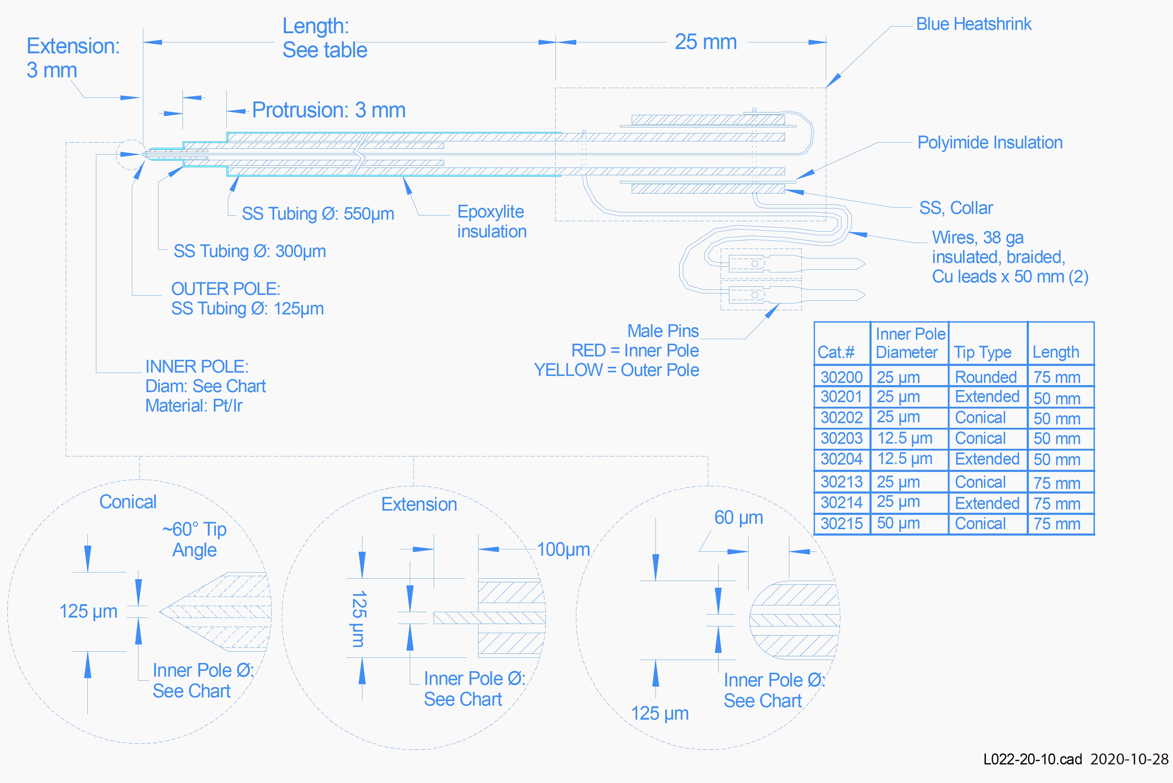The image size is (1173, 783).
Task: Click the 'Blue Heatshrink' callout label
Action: tap(973, 24)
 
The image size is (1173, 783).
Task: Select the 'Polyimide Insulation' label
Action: tap(990, 143)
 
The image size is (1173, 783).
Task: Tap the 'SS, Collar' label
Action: tap(956, 208)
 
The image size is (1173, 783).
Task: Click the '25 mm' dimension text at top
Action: tap(706, 42)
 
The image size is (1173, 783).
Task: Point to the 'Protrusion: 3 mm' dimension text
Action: tap(329, 110)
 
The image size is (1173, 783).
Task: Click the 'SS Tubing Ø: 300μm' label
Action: tap(250, 251)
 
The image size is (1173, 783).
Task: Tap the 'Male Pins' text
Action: tap(663, 331)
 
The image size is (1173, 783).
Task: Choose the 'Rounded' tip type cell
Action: tap(986, 377)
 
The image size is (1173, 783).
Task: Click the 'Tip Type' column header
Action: tap(982, 353)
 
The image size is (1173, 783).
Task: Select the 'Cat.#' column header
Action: tap(836, 353)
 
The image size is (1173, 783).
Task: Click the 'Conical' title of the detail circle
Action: tap(128, 502)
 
